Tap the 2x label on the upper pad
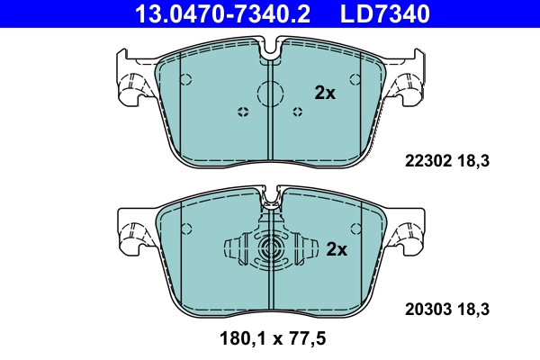[324, 92]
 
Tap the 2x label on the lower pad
[336, 249]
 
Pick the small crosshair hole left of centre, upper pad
[241, 112]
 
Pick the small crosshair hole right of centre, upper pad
[300, 112]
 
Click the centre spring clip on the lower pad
[270, 250]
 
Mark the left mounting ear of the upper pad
[134, 78]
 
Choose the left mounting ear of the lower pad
[134, 231]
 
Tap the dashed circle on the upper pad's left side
[185, 78]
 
